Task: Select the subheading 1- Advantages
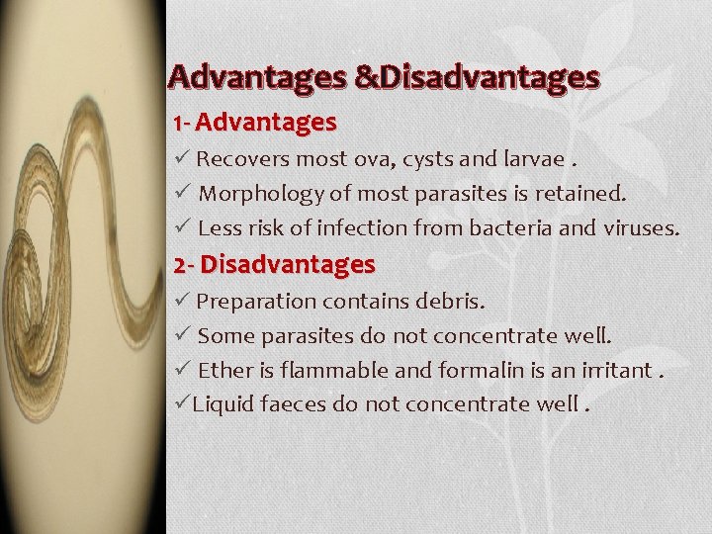(x=254, y=124)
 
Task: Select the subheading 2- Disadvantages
(x=274, y=265)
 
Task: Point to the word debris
(x=450, y=301)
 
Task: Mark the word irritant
(x=616, y=371)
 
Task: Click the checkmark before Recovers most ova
(x=181, y=158)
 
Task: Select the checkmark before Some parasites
(x=181, y=335)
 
